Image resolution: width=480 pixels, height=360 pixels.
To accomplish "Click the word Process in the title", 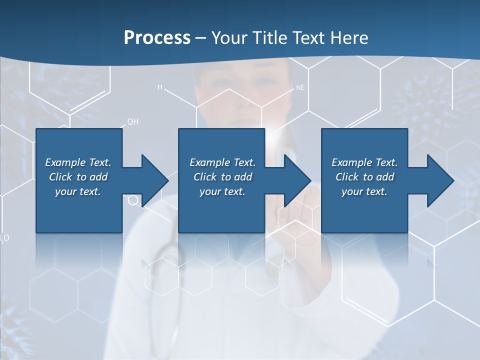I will coord(157,38).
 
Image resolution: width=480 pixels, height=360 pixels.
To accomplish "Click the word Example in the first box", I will coord(65,162).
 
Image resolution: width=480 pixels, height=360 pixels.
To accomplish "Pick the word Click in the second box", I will coord(205,177).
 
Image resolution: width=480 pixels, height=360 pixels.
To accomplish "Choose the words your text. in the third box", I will coord(364,191).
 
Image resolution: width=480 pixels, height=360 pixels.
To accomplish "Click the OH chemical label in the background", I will coord(133,121).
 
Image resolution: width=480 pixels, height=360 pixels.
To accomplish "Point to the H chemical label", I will coord(160,87).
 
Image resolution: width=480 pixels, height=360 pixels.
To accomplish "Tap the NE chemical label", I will coord(300,87).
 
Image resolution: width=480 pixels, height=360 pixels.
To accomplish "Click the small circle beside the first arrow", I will coord(133,200).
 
